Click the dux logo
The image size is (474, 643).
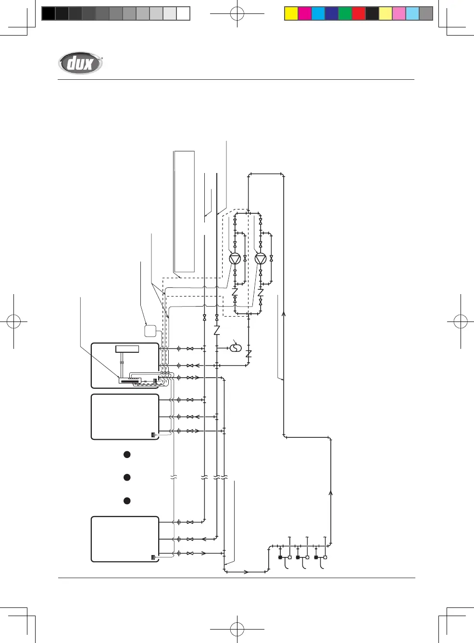tap(80, 63)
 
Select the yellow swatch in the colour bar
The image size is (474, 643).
tap(291, 13)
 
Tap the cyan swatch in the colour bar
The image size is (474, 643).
tap(318, 13)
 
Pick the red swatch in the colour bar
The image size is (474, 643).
tap(359, 13)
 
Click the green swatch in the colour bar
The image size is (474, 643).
tap(345, 13)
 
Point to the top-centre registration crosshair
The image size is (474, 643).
tap(237, 14)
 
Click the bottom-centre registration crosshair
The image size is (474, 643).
tap(237, 629)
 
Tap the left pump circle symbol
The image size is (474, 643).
tap(235, 259)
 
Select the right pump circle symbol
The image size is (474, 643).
tap(261, 259)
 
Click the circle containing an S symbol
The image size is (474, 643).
tap(236, 347)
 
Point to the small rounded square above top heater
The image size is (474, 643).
tap(150, 331)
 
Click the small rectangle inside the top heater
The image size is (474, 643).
tap(127, 349)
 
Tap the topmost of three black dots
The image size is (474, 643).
tap(127, 454)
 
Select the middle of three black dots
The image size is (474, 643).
tap(127, 477)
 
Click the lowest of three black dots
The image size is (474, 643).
tap(127, 500)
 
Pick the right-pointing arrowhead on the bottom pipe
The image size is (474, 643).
tap(246, 572)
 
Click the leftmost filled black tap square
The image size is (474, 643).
tap(280, 557)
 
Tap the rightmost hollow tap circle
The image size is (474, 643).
tap(325, 557)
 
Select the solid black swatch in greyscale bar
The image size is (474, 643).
tap(48, 13)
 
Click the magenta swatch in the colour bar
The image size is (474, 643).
tap(305, 13)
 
